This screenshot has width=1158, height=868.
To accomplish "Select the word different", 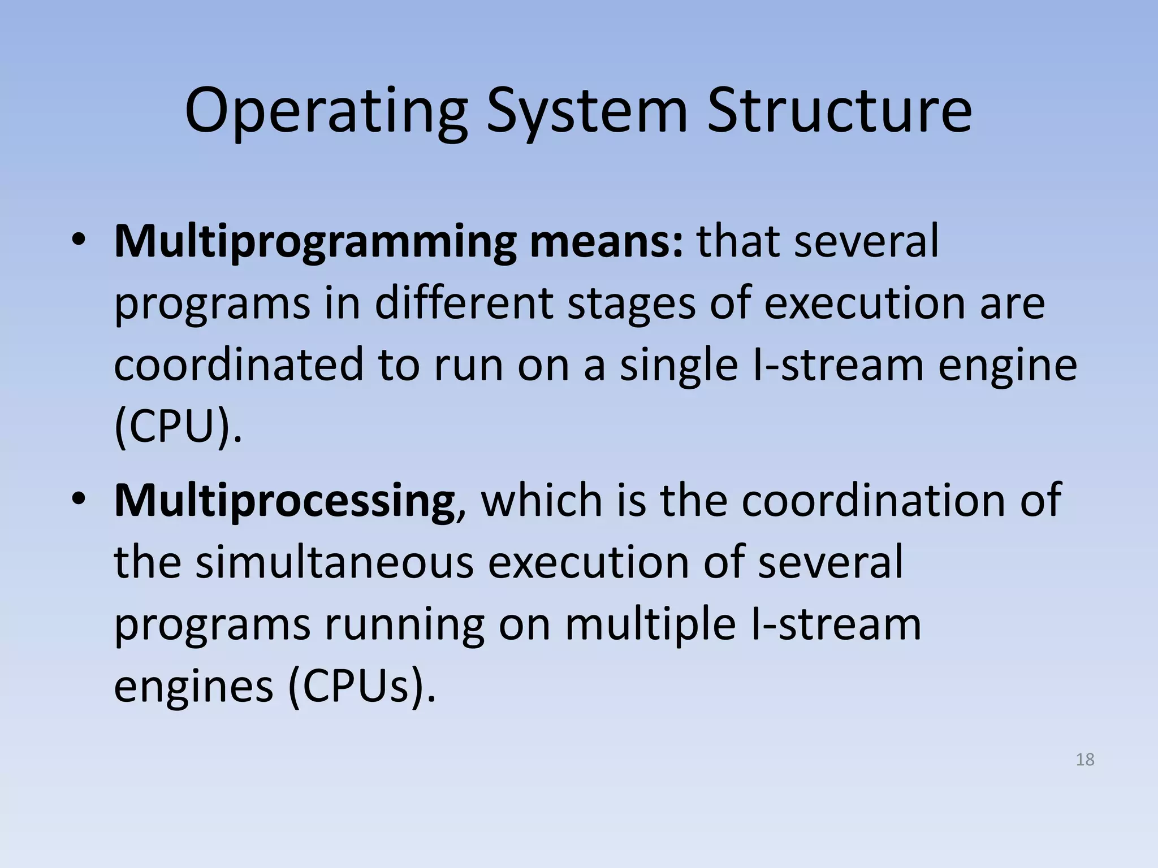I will [463, 304].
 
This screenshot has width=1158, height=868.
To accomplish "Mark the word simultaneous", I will [334, 563].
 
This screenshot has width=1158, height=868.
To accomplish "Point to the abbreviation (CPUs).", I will [362, 687].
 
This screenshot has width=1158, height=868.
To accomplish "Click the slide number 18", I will [1085, 759].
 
